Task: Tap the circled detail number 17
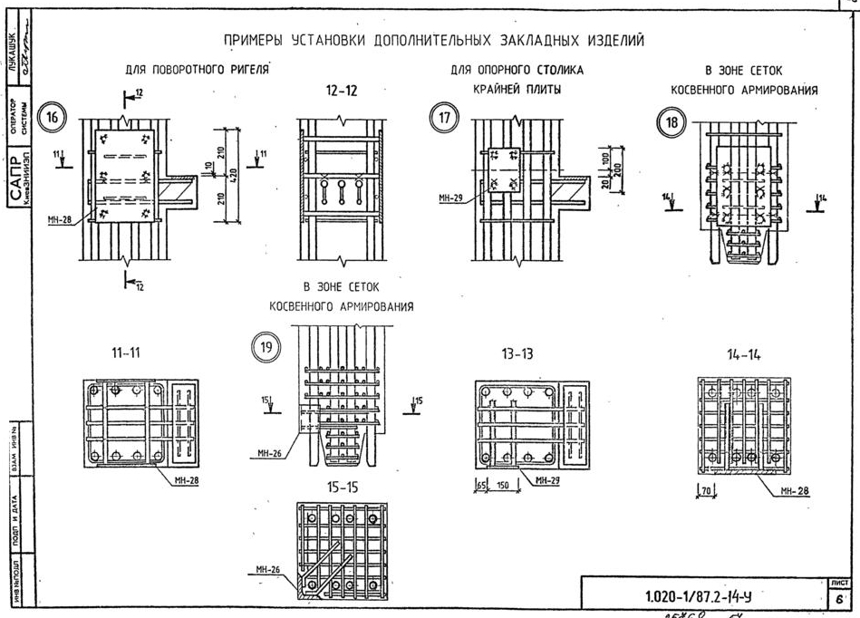[x=442, y=120]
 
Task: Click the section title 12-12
[x=341, y=92]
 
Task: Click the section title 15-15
[x=342, y=488]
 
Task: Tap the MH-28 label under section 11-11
[x=187, y=480]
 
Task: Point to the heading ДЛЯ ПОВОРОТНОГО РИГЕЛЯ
[x=199, y=69]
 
